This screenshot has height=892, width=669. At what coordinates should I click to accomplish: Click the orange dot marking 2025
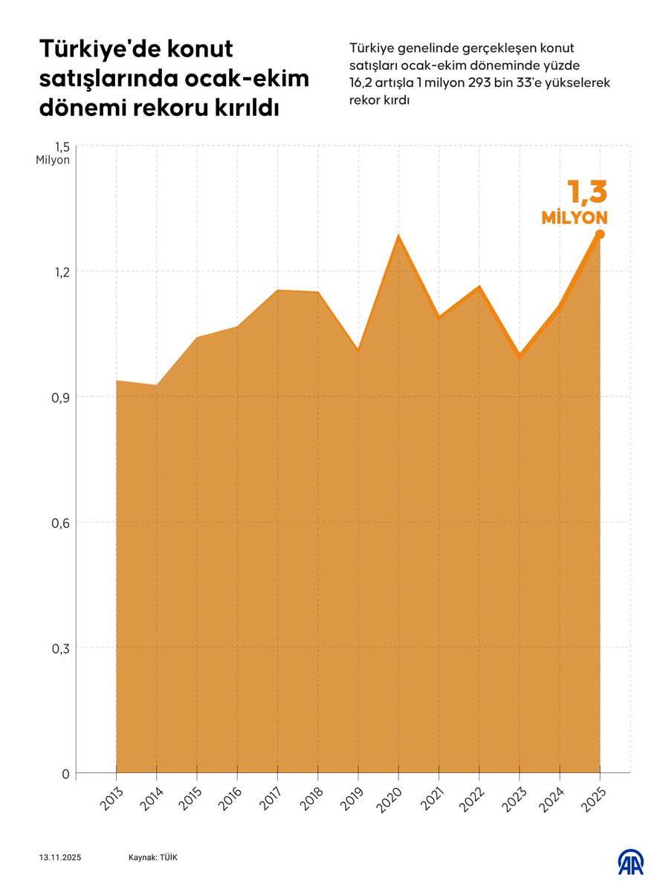click(600, 234)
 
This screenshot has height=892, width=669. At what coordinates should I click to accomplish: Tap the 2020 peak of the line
click(398, 236)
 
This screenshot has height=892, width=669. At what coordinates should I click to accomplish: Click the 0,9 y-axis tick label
click(60, 397)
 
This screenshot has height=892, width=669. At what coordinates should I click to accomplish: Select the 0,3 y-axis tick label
click(60, 648)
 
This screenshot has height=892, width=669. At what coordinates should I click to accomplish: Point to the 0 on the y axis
click(65, 774)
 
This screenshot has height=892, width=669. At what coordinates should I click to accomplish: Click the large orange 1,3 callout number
click(587, 192)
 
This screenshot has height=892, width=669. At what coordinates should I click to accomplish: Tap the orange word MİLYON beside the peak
click(575, 218)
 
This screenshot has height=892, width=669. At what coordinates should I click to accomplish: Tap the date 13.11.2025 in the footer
click(61, 858)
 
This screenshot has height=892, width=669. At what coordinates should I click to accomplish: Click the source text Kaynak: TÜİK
click(153, 858)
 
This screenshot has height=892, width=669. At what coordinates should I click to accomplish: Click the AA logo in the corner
click(631, 862)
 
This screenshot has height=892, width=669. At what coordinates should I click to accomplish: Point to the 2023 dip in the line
click(520, 357)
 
